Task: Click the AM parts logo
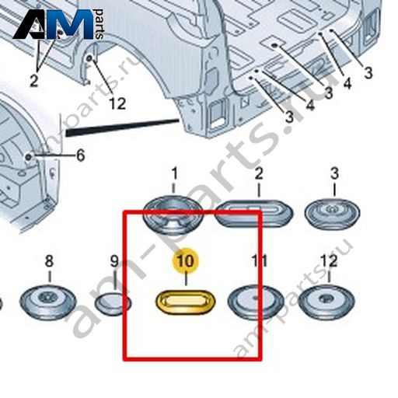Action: coord(58,25)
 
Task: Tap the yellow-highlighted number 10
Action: coord(186,261)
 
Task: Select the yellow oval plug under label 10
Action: coord(185,302)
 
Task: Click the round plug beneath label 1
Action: coord(173,215)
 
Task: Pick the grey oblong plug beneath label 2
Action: coord(255,213)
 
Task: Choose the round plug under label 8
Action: coord(48,302)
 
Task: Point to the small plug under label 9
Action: coord(113,304)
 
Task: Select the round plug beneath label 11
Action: coord(256,302)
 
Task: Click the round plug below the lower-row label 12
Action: coord(326,302)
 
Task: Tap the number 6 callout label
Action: coord(80,155)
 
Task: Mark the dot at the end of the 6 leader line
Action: coord(29,156)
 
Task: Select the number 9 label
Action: coord(114,261)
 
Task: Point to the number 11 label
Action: coord(260,260)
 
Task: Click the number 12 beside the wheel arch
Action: coord(117,103)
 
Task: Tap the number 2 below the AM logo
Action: coord(34,81)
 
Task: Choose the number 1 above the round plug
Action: coord(175,173)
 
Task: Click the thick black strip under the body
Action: coord(122,127)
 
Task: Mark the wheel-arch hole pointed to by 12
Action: coord(89,58)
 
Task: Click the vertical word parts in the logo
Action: coord(99,24)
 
